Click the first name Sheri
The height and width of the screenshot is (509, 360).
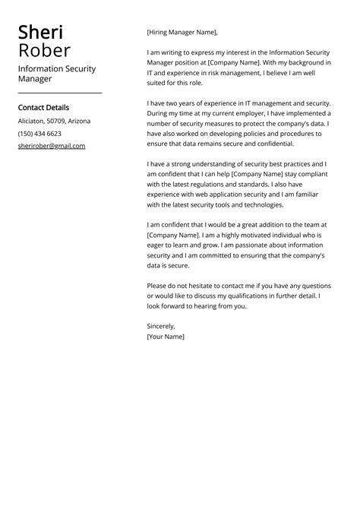41,32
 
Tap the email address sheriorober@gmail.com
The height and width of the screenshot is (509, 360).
52,146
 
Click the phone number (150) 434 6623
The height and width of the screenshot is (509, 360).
39,134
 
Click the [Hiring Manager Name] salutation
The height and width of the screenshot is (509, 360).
182,32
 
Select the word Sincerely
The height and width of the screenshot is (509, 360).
161,326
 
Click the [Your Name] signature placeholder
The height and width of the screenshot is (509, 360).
166,336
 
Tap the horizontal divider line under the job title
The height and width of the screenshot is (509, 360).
60,93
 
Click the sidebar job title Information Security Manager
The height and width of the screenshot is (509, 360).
57,74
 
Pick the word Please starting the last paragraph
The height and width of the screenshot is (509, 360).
159,286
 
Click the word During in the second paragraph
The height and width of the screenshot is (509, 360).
159,112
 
